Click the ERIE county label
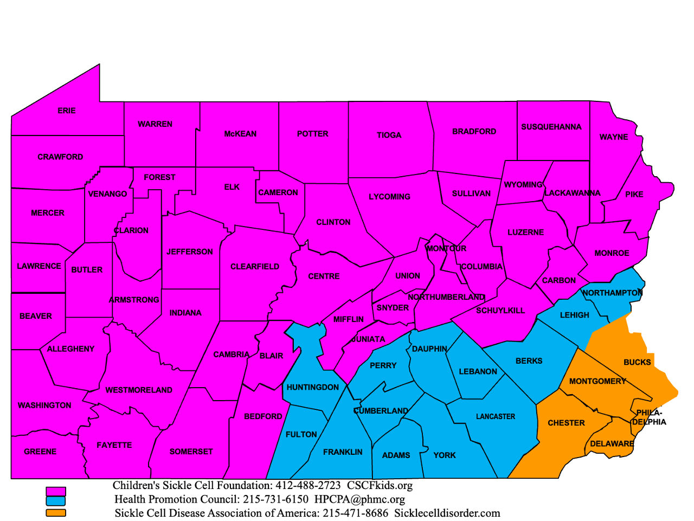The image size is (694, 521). [67, 111]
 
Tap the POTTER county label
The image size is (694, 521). [312, 134]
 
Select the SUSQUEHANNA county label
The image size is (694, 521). [551, 127]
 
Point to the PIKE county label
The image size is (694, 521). [634, 194]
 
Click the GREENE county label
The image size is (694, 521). [40, 452]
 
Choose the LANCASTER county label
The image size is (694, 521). [496, 417]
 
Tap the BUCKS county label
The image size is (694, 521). [637, 362]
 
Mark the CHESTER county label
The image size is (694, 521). [566, 423]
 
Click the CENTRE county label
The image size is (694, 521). [324, 276]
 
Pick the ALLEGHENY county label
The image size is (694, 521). [70, 349]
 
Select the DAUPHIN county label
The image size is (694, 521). [429, 349]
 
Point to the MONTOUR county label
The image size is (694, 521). [446, 249]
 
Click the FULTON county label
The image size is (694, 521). [301, 435]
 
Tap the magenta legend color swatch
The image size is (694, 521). [56, 492]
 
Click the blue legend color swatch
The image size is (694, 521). [56, 501]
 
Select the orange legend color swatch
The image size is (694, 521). [56, 512]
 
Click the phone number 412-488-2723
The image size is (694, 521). [308, 486]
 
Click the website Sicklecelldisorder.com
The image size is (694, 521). [447, 513]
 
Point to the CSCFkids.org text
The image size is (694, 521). [380, 486]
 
